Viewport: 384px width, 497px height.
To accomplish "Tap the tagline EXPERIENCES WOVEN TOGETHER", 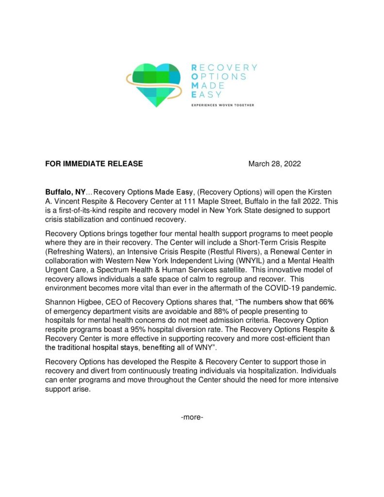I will pyautogui.click(x=222, y=105).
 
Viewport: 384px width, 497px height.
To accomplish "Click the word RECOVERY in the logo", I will pyautogui.click(x=224, y=67).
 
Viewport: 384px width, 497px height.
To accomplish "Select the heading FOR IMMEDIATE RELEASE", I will pyautogui.click(x=94, y=164).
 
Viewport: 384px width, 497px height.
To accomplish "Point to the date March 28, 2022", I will pyautogui.click(x=274, y=164).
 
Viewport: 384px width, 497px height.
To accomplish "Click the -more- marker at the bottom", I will pyautogui.click(x=192, y=416).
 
